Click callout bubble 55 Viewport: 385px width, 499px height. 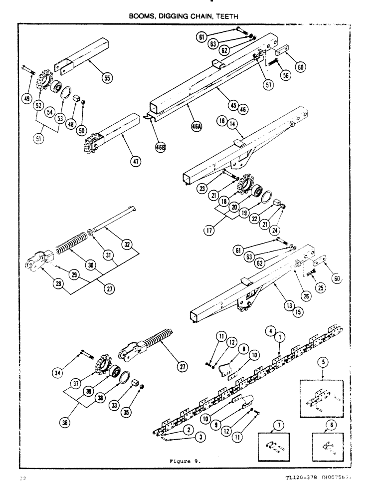click(107, 77)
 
